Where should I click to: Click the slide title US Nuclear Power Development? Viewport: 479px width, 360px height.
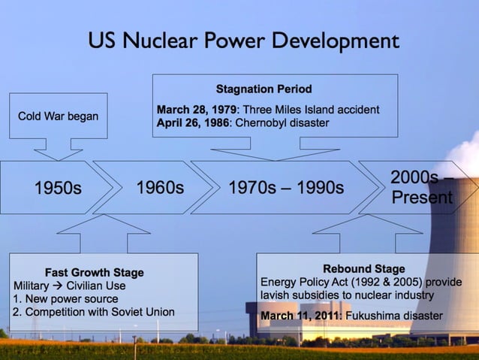click(x=243, y=41)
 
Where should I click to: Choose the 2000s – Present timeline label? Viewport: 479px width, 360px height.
click(x=421, y=187)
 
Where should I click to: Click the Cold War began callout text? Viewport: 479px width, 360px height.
click(x=58, y=116)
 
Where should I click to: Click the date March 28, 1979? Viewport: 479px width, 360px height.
click(x=196, y=110)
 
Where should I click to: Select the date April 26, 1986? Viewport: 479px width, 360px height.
click(x=193, y=123)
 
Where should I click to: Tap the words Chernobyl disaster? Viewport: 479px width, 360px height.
click(x=282, y=123)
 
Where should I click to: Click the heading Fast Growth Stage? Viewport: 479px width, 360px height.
click(x=94, y=272)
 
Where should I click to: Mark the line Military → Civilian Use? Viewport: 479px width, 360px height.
click(x=69, y=286)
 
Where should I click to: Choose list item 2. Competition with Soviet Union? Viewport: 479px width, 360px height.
click(x=94, y=312)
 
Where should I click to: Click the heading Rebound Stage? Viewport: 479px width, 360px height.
click(x=363, y=268)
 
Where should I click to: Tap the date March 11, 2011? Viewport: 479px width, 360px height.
click(x=300, y=316)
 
